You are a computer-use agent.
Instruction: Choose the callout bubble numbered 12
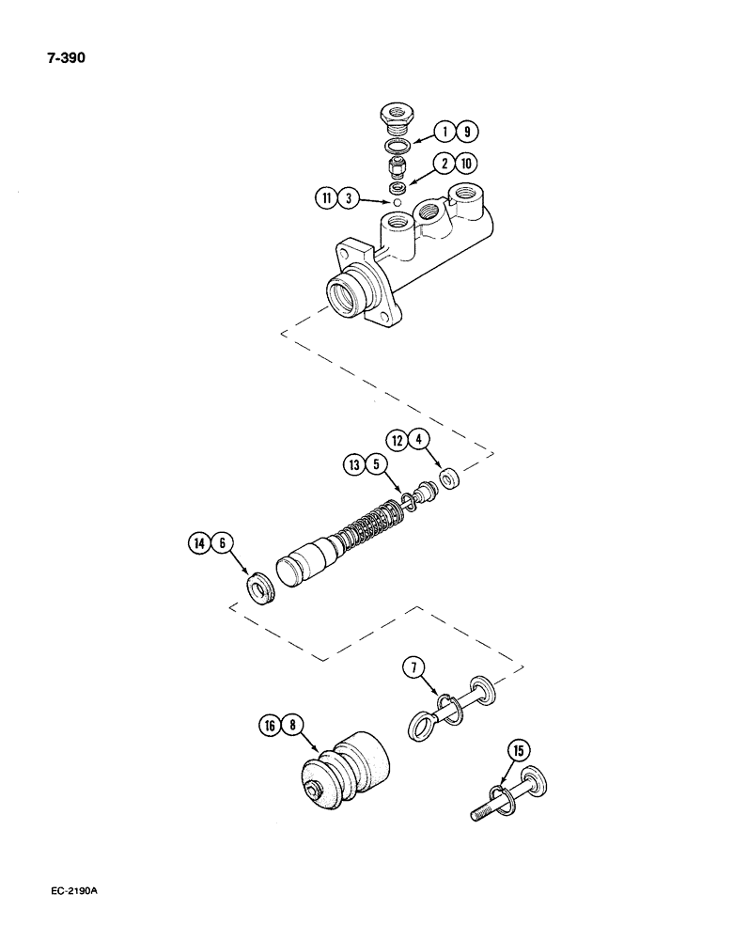[398, 437]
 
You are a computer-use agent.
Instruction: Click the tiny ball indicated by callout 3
[398, 201]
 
